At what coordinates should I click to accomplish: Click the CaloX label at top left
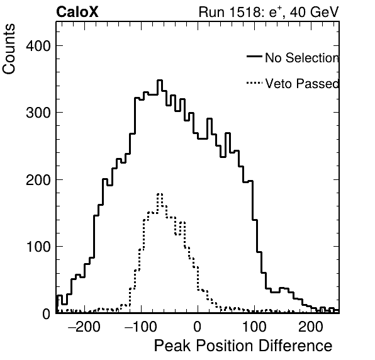coord(77,12)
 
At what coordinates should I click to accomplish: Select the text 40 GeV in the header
coord(314,12)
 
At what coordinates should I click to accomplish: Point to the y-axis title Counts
coord(9,49)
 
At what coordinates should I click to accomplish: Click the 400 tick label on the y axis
coord(38,45)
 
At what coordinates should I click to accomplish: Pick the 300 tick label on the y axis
coord(38,113)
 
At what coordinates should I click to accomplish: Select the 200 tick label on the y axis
coord(38,180)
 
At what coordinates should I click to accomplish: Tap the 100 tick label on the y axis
coord(38,247)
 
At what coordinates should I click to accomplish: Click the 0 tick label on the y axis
coord(47,314)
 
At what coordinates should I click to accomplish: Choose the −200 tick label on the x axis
coord(84,327)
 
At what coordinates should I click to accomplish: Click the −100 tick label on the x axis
coord(141,327)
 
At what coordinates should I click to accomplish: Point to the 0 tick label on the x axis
coord(198,327)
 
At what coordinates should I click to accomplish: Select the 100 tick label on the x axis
coord(254,327)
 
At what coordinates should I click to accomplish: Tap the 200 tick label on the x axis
coord(311,327)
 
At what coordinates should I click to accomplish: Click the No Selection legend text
coord(302,58)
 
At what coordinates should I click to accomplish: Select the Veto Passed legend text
coord(302,84)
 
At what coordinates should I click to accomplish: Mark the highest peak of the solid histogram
coord(160,81)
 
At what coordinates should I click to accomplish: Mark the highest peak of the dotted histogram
coord(160,194)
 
